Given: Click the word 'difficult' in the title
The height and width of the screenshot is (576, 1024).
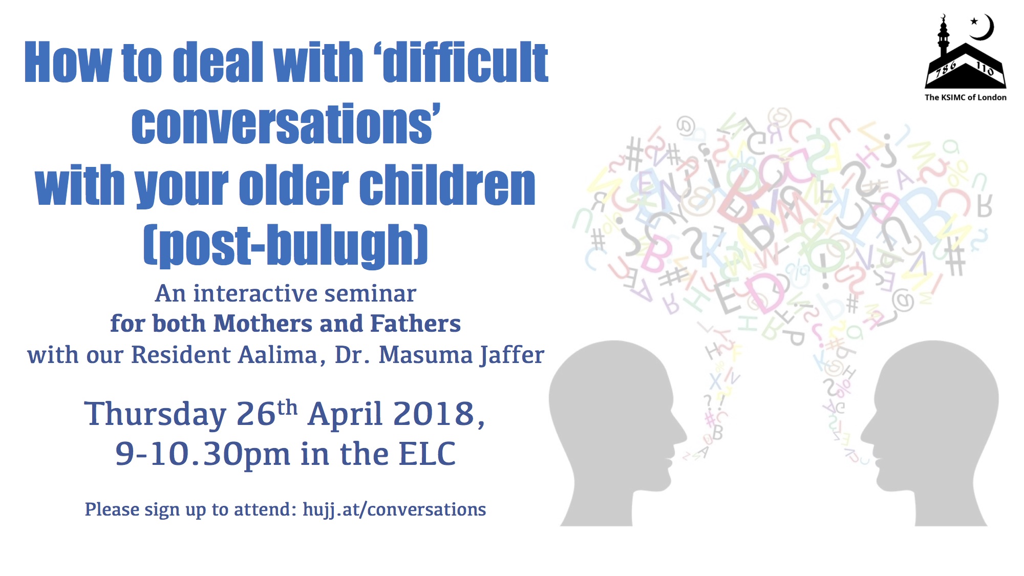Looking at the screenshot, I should coord(465,62).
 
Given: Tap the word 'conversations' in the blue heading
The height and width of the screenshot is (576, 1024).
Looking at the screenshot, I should coord(284,124).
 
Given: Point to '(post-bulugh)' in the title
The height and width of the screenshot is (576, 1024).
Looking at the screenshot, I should coord(285,246).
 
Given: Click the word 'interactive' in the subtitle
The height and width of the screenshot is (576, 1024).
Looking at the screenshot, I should coord(255,293).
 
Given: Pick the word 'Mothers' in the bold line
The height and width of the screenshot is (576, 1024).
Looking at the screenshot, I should coord(262,324).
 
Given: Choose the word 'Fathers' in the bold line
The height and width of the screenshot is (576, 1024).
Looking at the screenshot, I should coord(415,324).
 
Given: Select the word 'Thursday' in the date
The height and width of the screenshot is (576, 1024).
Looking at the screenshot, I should coord(155,414).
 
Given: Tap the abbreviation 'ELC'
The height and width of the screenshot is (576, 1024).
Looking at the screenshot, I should coord(427,454).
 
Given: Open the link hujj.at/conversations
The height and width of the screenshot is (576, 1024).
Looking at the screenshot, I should coord(394,509).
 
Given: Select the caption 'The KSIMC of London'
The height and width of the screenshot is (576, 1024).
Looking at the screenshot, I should coord(965,97).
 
